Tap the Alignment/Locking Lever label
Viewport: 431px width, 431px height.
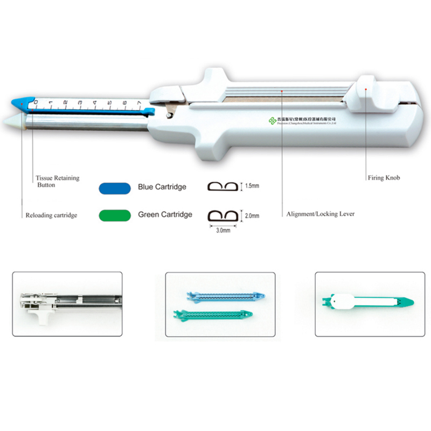pos(321,214)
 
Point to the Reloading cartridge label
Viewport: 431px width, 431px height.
pos(52,215)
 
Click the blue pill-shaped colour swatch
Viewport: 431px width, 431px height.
pos(115,187)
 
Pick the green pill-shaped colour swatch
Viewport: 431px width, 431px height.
pos(115,215)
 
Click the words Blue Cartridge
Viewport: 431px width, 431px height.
pos(162,187)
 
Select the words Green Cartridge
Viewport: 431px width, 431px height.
pos(165,214)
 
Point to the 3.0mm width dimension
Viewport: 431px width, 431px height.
pos(223,230)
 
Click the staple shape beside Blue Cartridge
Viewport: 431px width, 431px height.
pos(223,187)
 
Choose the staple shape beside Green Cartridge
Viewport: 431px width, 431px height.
pos(223,215)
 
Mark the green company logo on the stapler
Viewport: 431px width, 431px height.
pos(273,121)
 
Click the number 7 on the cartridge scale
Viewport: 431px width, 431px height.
pos(140,103)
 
